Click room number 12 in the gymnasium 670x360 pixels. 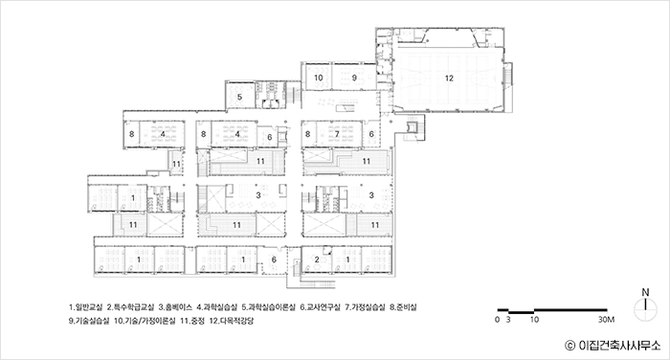coord(449,79)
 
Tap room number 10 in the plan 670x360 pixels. coord(319,78)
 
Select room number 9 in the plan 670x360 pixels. coord(354,78)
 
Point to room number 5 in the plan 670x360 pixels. coord(239,97)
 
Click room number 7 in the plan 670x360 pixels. coord(337,134)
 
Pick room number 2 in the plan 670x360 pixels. coord(317,259)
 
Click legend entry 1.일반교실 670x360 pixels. coord(85,307)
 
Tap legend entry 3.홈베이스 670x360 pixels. coord(175,307)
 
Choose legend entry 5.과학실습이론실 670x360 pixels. coord(268,307)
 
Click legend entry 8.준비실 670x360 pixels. coord(403,307)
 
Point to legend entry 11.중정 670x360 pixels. coord(192,321)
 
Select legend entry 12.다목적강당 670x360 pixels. coord(232,321)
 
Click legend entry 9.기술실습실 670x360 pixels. coord(89,321)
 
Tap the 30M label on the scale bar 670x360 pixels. coord(606,320)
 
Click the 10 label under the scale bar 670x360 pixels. coord(534,320)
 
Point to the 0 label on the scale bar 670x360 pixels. coord(497,320)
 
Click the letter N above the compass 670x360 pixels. coord(645,293)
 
